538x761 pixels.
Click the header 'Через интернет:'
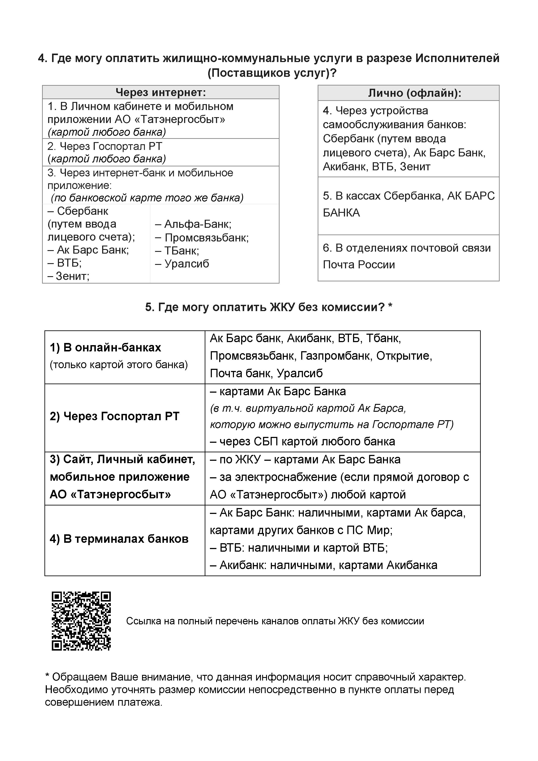(x=161, y=92)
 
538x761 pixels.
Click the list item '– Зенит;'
(x=69, y=276)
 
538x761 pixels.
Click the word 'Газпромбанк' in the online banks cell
(x=336, y=356)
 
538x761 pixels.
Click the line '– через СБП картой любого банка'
(x=303, y=442)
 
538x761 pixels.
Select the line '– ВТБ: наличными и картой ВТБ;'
(x=299, y=548)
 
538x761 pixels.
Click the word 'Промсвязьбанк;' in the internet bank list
(x=206, y=238)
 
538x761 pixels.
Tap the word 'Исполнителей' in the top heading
(x=457, y=58)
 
